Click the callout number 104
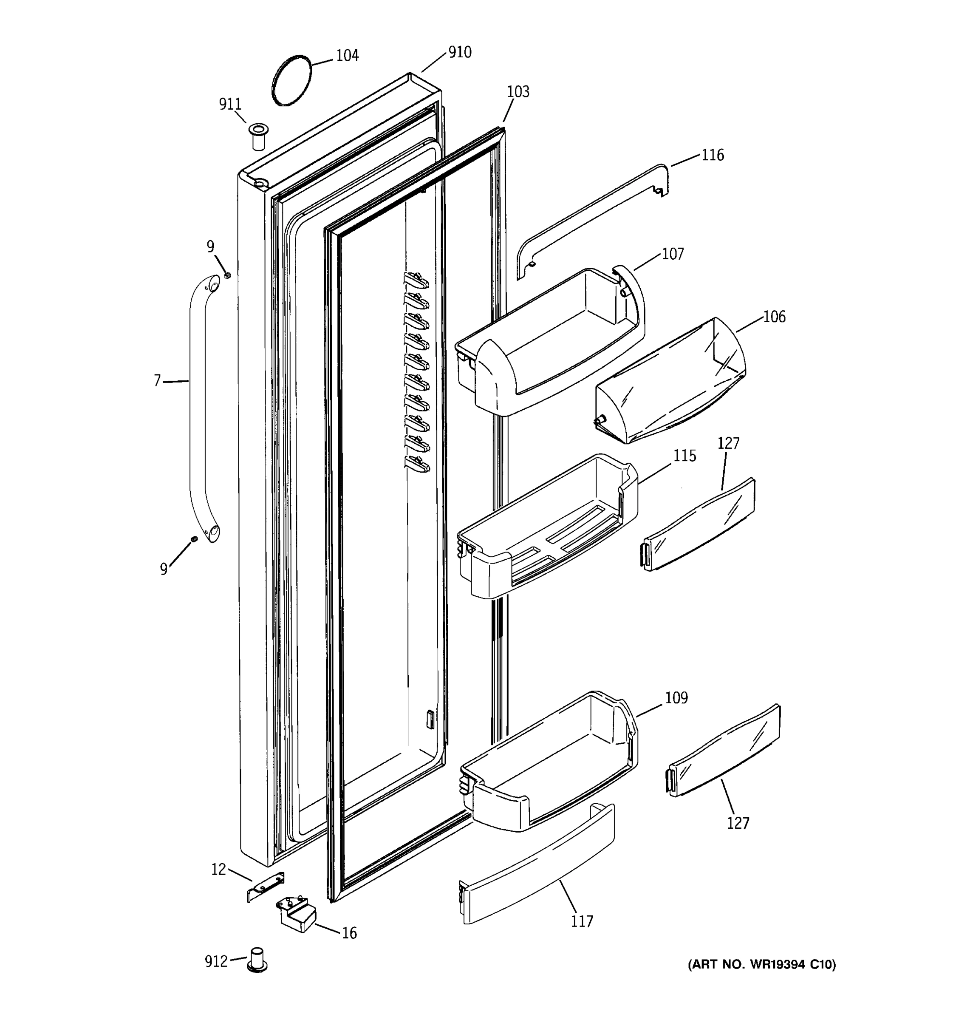point(347,55)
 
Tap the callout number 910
point(460,52)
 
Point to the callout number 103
point(518,92)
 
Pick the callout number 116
point(713,155)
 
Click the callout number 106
point(774,317)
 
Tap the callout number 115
point(684,456)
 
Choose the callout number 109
point(676,698)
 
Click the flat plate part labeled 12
point(266,887)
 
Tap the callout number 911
point(230,104)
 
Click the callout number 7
point(158,381)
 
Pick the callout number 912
point(216,961)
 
